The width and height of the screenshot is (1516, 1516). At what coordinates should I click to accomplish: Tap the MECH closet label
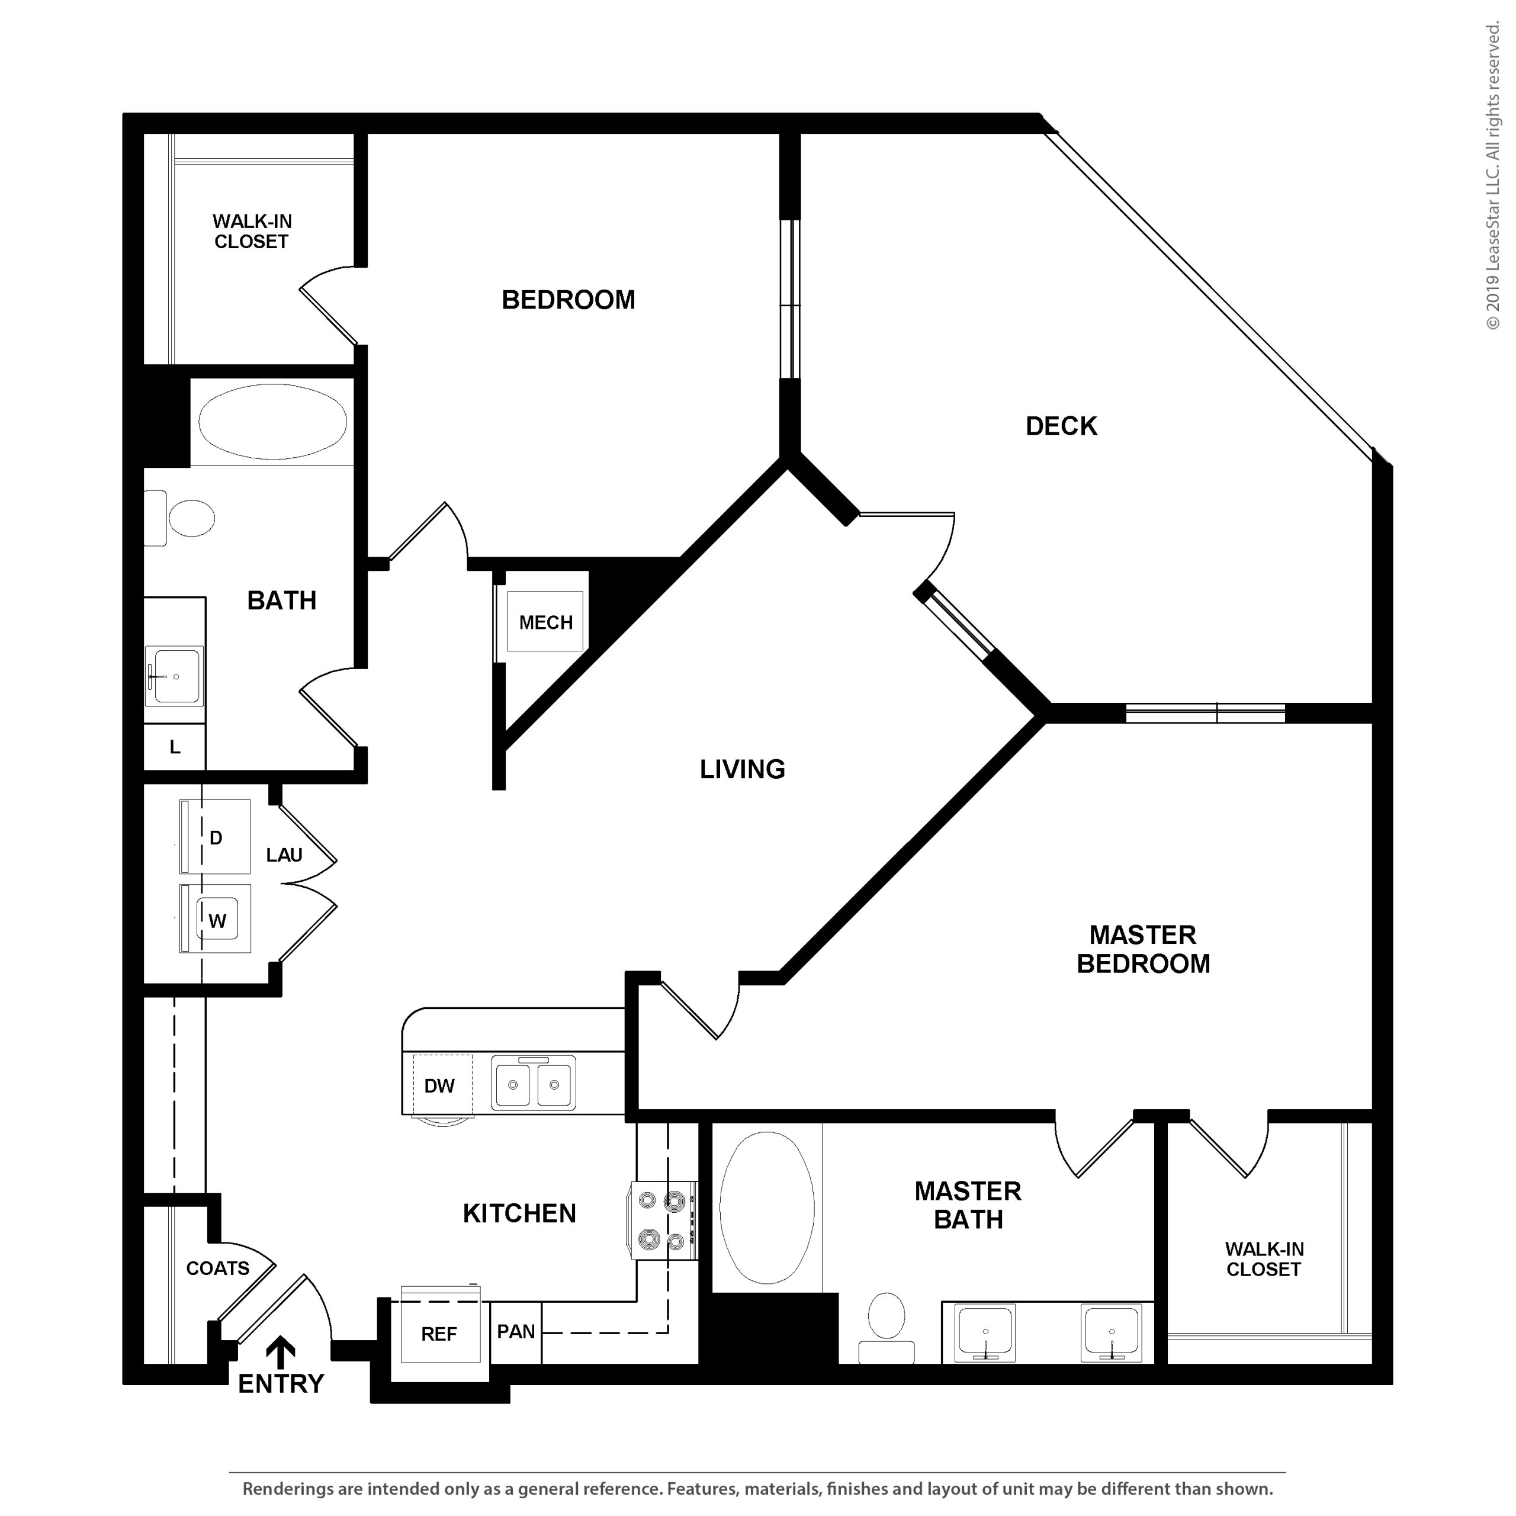(546, 622)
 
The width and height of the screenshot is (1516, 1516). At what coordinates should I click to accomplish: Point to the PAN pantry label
(516, 1332)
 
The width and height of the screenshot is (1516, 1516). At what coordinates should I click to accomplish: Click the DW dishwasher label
(439, 1086)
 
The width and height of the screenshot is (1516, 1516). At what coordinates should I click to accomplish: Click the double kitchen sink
(534, 1084)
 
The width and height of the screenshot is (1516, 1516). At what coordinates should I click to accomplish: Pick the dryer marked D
(215, 837)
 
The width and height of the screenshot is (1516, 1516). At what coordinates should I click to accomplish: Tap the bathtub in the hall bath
(272, 422)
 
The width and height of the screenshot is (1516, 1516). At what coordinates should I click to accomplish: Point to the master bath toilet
(887, 1327)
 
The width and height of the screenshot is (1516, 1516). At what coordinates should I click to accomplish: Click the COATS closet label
(217, 1268)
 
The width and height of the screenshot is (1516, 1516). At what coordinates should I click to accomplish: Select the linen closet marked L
(175, 747)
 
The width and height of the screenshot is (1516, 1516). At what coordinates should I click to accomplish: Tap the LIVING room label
(742, 769)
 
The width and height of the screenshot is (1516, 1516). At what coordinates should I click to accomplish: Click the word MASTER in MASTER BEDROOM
(1142, 934)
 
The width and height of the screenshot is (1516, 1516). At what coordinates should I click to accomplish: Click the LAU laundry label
(284, 855)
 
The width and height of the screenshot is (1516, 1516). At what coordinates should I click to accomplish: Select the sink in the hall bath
(174, 676)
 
